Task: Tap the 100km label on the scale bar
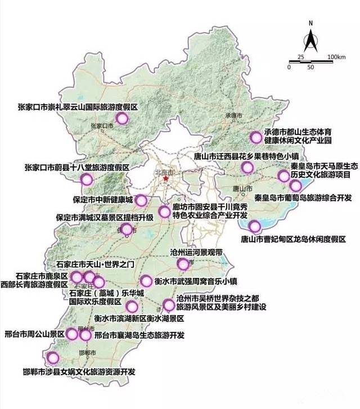336,57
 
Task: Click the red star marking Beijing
166,179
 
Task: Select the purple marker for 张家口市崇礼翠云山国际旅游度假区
122,118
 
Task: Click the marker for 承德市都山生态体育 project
256,137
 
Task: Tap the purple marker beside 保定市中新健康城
141,200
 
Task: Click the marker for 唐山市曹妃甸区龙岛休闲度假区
255,227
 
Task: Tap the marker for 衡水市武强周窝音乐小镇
146,281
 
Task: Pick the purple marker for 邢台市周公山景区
73,334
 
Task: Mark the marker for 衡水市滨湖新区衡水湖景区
132,307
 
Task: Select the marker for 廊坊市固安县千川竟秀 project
164,212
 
